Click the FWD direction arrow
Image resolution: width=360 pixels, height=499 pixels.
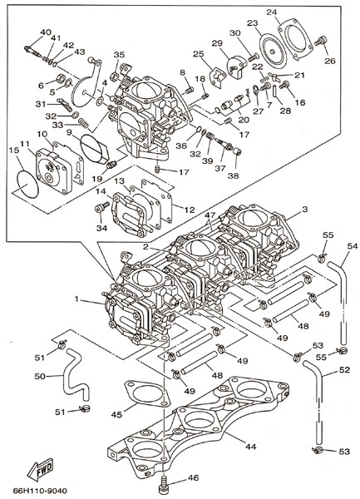(x=40, y=468)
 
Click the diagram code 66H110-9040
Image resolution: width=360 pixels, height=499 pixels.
(x=41, y=491)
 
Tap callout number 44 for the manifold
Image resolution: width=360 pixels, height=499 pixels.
(x=250, y=447)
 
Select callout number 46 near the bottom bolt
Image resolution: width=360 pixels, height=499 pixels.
(x=193, y=477)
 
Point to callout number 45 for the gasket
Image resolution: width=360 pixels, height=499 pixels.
(x=116, y=415)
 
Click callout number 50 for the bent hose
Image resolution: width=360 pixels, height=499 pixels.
(x=40, y=376)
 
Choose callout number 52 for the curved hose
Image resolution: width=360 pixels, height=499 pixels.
(x=344, y=370)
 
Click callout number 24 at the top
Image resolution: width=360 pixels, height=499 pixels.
(x=272, y=12)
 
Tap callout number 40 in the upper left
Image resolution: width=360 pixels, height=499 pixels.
(x=46, y=32)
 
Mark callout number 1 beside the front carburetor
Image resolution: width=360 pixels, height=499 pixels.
(x=76, y=299)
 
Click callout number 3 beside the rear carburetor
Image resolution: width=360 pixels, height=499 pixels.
(x=304, y=210)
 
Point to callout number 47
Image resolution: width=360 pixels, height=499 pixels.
(x=210, y=215)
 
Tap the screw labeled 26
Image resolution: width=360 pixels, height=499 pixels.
(x=321, y=41)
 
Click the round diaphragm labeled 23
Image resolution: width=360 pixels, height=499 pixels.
(x=273, y=52)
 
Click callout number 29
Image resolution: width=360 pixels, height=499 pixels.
(x=217, y=43)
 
